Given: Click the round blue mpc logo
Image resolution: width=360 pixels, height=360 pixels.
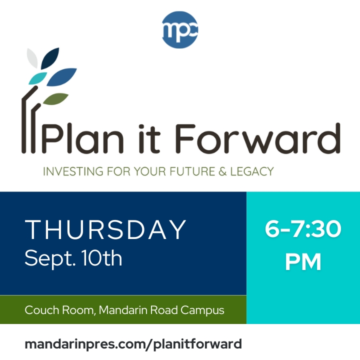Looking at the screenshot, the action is pos(179,30).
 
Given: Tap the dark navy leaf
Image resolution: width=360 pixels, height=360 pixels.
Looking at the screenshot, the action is pos(50,58).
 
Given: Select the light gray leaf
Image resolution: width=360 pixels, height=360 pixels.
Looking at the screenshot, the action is pos(32,58).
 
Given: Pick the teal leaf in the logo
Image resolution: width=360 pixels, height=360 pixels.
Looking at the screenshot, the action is pos(37,78).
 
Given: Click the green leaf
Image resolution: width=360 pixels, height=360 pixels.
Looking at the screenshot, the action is pos(55,99).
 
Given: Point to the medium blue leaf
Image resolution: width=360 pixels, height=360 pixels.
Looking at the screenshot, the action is pos(61,77).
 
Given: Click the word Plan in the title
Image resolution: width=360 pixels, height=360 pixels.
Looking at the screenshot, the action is pos(82,139).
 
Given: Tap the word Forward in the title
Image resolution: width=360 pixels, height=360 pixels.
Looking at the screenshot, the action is pos(258,138).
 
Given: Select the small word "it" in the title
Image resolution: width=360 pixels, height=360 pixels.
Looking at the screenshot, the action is pos(149,139).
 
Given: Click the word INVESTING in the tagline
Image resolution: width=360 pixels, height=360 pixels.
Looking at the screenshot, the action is pos(73,171).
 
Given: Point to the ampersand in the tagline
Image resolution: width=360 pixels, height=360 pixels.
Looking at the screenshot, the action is pos(222,171).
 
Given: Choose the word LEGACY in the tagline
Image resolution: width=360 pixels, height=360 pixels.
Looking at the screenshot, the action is pos(252,171).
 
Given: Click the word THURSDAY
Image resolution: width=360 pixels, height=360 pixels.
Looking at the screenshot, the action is pos(105,229).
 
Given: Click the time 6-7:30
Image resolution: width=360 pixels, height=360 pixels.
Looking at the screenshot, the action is pos(303,229).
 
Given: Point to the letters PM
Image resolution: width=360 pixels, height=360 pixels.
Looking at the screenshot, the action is pos(303,262).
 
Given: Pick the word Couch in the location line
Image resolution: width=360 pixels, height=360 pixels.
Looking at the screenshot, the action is pos(42,310).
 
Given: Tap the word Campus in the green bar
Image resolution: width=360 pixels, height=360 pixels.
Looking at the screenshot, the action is pos(202,310).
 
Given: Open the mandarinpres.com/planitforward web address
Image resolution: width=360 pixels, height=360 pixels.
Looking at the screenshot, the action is pos(133,344).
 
